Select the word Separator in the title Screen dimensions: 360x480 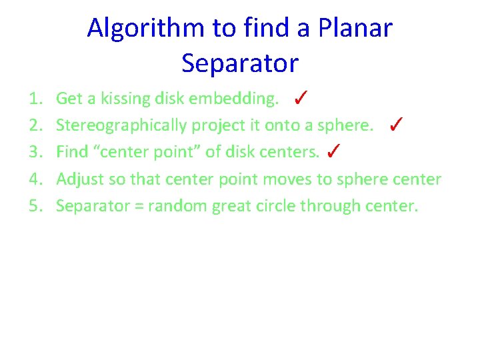(240, 63)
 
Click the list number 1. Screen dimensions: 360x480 (36, 99)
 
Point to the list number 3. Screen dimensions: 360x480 (36, 153)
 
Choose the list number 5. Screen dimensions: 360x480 (36, 206)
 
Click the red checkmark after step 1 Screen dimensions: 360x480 (300, 99)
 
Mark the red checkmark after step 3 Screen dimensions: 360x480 (335, 151)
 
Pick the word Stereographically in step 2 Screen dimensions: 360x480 (122, 126)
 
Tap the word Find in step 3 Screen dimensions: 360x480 (72, 153)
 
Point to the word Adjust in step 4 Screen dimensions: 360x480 (77, 179)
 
